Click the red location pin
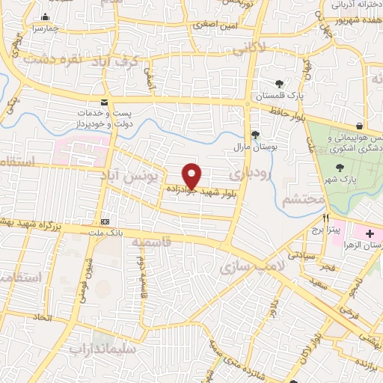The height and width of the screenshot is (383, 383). point(192,176)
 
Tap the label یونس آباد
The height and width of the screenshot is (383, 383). point(132,174)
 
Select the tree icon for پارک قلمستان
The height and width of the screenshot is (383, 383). point(279,84)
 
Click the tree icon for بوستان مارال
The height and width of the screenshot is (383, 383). point(256,135)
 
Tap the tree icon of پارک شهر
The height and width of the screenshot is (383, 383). point(341,168)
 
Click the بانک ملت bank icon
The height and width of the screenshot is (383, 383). point(105,221)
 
